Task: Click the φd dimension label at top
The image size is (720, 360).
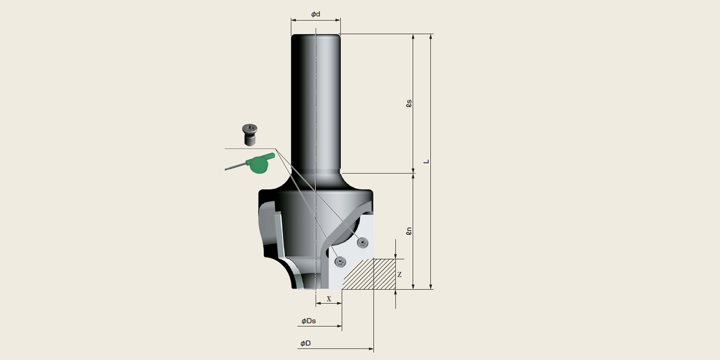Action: (x=316, y=14)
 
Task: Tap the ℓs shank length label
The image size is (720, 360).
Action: (x=409, y=103)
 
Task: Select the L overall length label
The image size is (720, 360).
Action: (x=427, y=161)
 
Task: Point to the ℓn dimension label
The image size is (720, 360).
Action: (x=409, y=231)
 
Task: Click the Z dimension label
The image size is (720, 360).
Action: (x=399, y=275)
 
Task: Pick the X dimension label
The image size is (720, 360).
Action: (x=329, y=298)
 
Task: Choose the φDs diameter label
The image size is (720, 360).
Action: (x=309, y=321)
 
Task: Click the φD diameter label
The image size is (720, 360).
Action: (x=305, y=344)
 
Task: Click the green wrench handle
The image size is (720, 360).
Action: (x=259, y=163)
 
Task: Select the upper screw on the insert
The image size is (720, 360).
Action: (x=361, y=242)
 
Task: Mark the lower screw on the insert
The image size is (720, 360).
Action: (x=340, y=262)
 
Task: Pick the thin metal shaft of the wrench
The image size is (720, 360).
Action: (x=235, y=166)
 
